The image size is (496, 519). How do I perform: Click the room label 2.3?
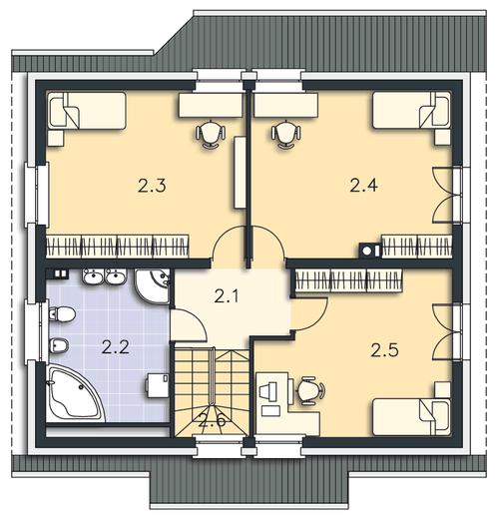[x=152, y=186]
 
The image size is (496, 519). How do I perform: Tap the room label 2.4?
[x=363, y=186]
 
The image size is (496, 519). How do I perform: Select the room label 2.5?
[x=384, y=350]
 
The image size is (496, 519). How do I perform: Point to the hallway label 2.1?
[x=227, y=296]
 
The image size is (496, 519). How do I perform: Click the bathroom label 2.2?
[x=116, y=347]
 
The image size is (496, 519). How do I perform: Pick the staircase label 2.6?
[x=212, y=421]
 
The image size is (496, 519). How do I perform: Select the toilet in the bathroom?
[x=61, y=314]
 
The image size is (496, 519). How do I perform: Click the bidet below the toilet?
[x=59, y=346]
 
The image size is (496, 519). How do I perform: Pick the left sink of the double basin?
[x=93, y=276]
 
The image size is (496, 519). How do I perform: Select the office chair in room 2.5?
[x=309, y=390]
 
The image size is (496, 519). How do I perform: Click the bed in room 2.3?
[x=88, y=111]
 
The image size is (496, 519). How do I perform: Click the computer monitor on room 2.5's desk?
[x=268, y=390]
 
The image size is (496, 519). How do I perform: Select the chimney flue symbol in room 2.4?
[x=370, y=252]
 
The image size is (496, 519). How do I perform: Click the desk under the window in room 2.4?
[x=286, y=105]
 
